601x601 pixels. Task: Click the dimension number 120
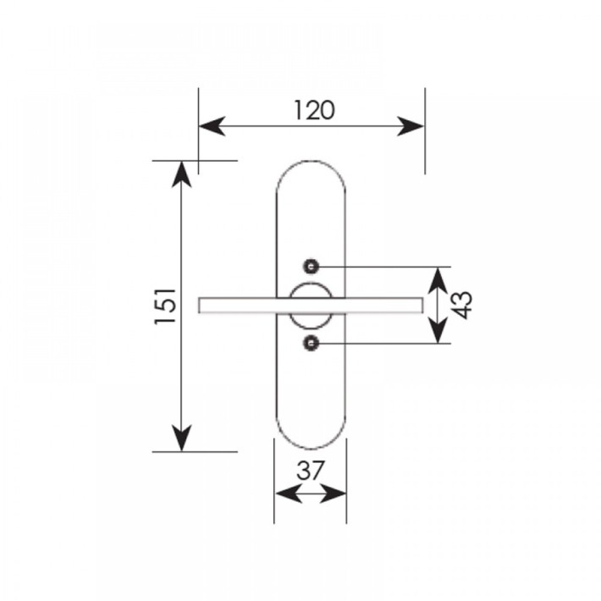point(314,110)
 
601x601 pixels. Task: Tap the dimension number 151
point(166,306)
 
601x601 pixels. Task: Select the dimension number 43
point(463,305)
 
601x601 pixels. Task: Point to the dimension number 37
point(311,471)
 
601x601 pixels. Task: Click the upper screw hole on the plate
point(312,267)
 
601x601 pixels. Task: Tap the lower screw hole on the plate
point(312,343)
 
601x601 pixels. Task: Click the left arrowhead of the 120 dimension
point(212,126)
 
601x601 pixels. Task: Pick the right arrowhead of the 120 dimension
point(411,126)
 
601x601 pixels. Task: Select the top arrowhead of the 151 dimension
point(181,174)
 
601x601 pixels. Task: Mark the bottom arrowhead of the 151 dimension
point(181,438)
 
